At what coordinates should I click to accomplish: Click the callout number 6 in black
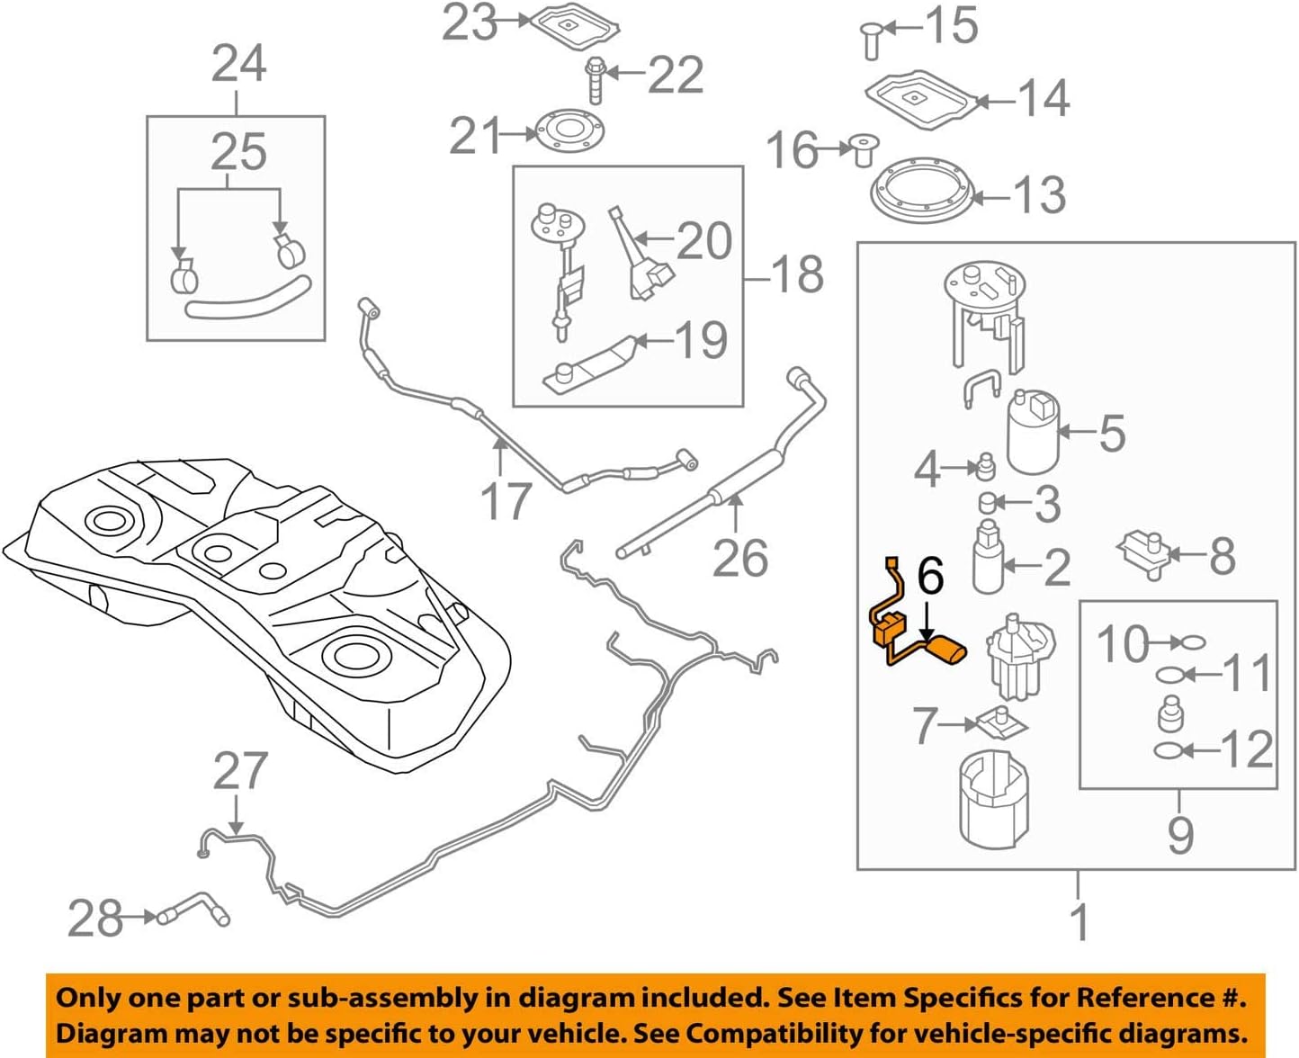coord(930,576)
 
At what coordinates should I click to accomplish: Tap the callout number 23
coord(470,23)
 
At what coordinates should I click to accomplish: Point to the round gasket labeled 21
coord(568,131)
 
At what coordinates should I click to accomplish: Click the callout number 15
coord(952,25)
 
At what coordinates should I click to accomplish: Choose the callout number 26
coord(740,558)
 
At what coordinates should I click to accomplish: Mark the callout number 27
coord(240,772)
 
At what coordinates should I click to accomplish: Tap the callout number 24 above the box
coord(238,64)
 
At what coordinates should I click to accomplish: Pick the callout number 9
coord(1180,835)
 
